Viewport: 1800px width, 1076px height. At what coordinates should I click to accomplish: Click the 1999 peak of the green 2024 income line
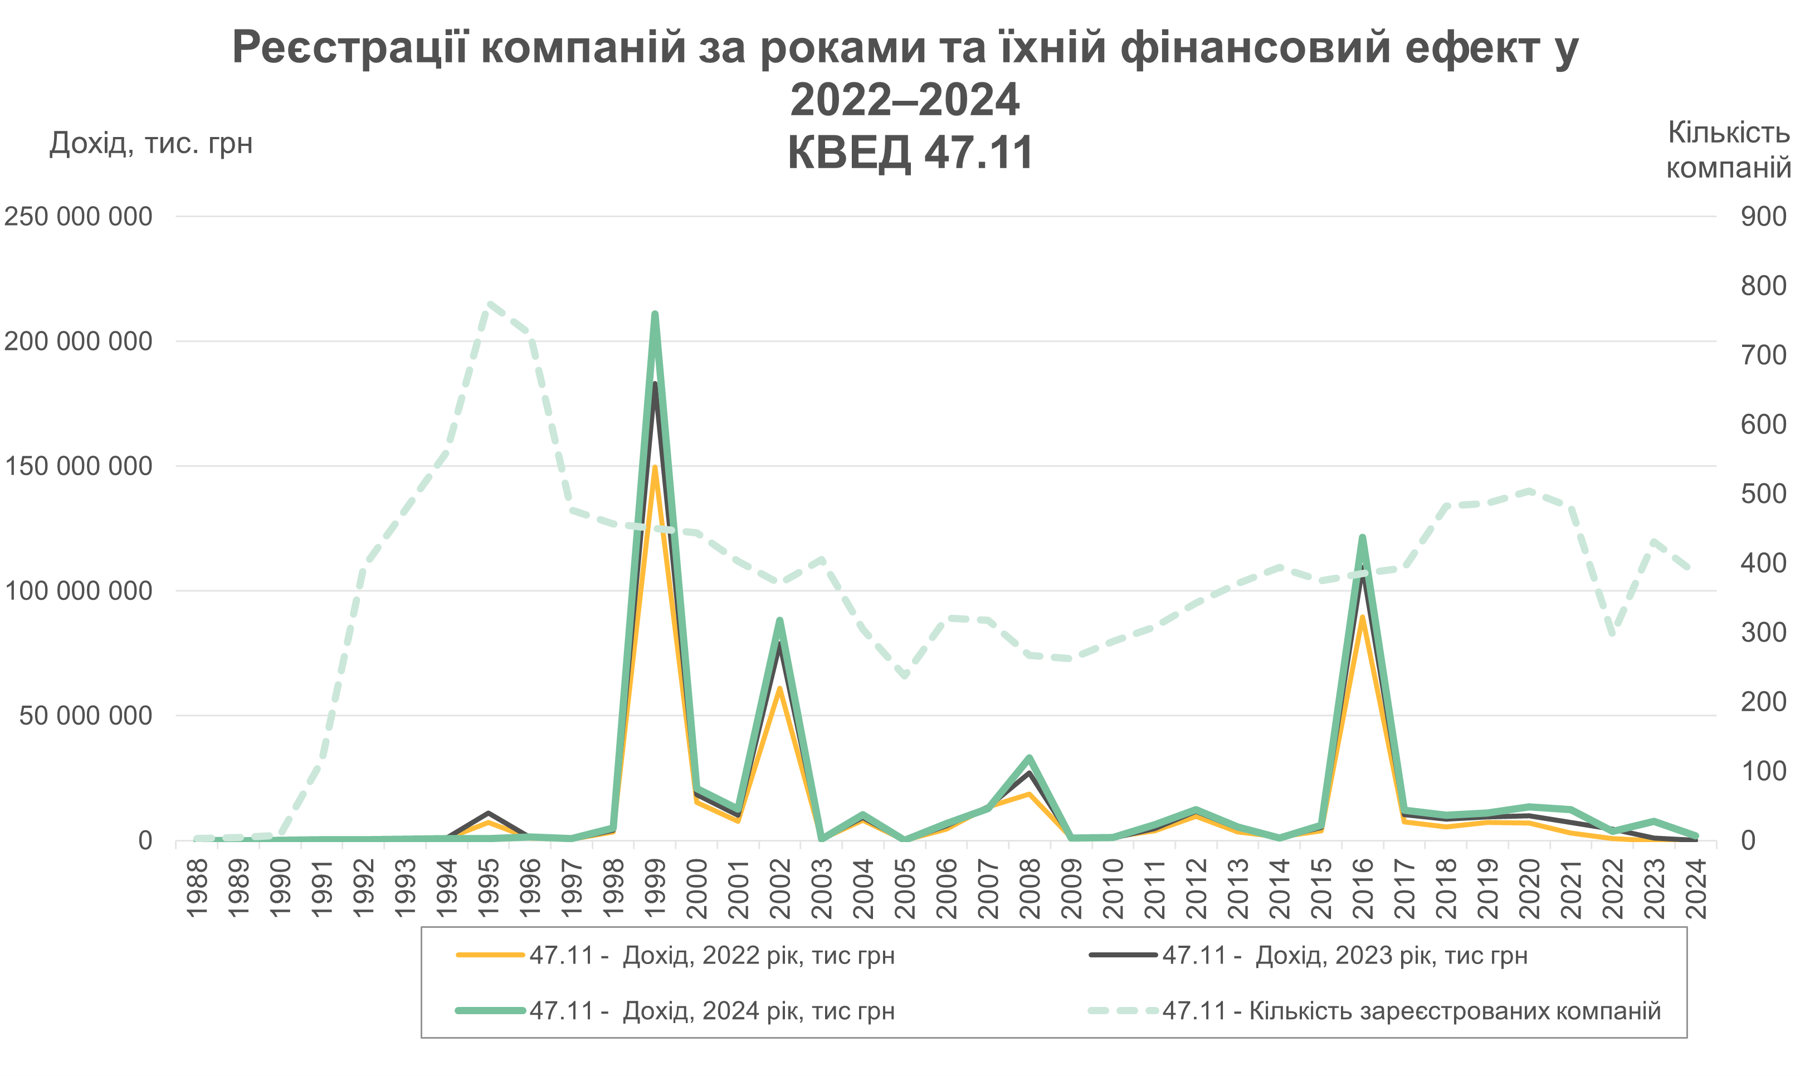pos(654,314)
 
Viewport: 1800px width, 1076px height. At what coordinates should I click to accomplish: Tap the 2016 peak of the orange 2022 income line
pos(1362,618)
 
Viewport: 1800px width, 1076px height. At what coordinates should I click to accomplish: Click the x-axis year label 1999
pos(655,888)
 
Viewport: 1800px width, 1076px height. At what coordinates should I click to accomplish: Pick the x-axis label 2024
pos(1696,888)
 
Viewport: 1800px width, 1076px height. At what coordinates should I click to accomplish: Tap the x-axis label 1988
pos(197,888)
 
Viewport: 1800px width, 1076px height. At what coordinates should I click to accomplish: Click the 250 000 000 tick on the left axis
pos(79,216)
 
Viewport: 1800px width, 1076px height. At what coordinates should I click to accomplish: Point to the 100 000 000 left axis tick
pos(79,591)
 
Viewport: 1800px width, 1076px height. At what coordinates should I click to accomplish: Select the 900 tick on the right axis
pos(1764,216)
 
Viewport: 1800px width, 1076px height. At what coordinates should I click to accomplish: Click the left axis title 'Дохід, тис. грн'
pos(151,144)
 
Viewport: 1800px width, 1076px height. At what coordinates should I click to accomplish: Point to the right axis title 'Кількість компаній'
pos(1729,150)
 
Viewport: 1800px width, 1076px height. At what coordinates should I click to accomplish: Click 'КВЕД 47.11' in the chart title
pos(910,153)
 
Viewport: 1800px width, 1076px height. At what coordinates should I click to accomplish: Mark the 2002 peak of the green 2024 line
pos(779,620)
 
